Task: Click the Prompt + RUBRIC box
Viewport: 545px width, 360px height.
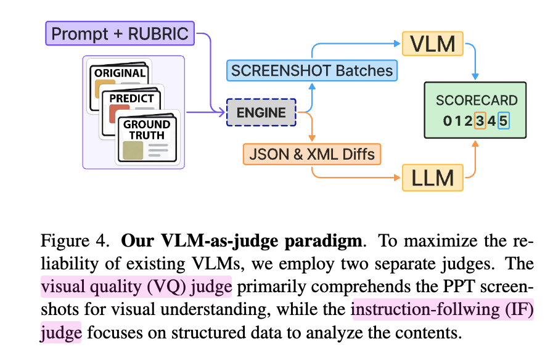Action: (120, 33)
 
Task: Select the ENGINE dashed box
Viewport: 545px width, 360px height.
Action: (261, 113)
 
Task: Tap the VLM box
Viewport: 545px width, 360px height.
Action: (432, 44)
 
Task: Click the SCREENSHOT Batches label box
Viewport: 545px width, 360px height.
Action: (311, 70)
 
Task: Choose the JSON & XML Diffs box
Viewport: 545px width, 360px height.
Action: (311, 153)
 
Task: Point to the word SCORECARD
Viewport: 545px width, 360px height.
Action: (477, 100)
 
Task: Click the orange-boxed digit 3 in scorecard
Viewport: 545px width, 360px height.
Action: (480, 121)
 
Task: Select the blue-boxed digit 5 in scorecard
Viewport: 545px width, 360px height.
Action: (503, 121)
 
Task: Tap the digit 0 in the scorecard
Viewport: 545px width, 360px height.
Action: (447, 121)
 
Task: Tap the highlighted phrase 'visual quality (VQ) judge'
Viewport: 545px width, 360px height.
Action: (136, 287)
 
